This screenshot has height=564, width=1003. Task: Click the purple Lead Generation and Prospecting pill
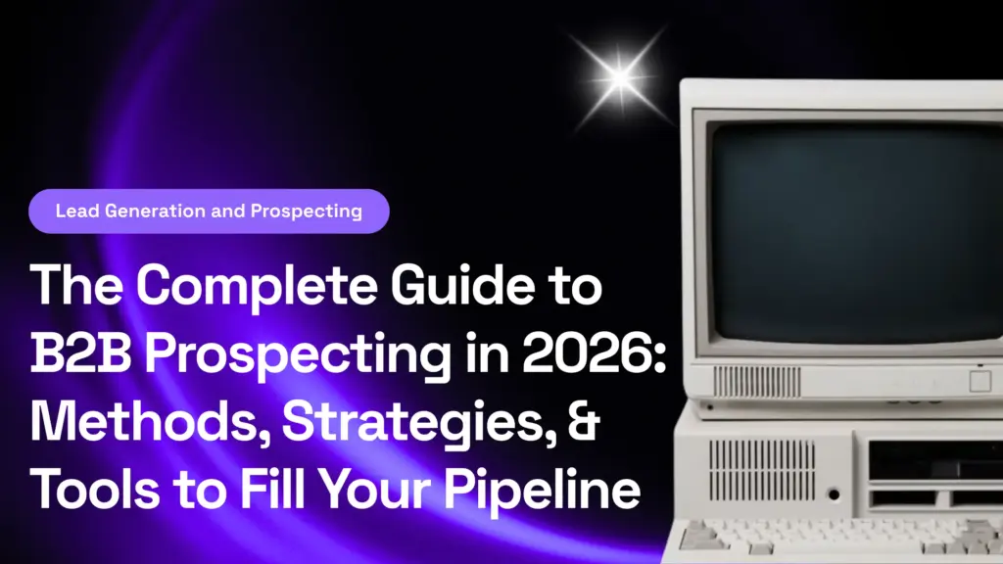[210, 211]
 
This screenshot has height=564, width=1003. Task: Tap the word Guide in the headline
[462, 284]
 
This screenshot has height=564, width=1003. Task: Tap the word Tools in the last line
[96, 490]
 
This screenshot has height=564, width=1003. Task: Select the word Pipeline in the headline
[542, 492]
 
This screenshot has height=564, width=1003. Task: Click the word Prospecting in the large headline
[298, 355]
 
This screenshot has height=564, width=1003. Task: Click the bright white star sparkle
[620, 78]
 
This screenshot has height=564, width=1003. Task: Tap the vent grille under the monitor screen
[757, 382]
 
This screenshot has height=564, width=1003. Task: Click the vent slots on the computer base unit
[762, 470]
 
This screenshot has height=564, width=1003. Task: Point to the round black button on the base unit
[834, 494]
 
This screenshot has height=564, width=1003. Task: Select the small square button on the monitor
[979, 381]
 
